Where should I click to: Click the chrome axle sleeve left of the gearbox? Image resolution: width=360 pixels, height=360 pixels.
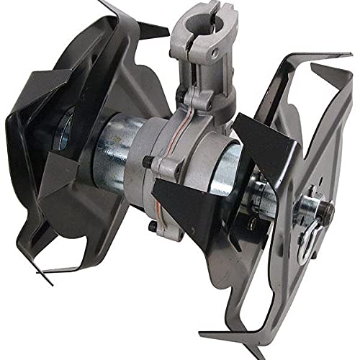click(x=115, y=155)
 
